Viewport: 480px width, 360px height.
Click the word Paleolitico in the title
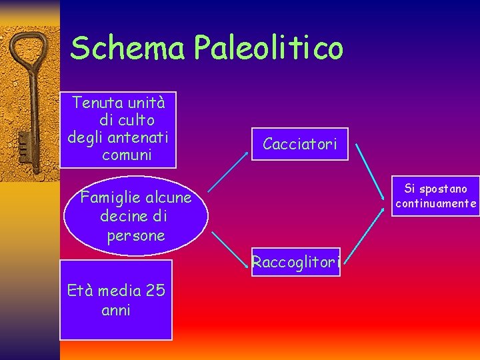pyautogui.click(x=269, y=48)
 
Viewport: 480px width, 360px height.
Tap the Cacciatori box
pyautogui.click(x=299, y=143)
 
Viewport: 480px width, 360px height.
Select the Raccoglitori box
pyautogui.click(x=295, y=262)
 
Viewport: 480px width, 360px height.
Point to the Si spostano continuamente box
pyautogui.click(x=435, y=196)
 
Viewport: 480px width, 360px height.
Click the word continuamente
pyautogui.click(x=436, y=204)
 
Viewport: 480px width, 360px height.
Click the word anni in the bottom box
pyautogui.click(x=115, y=310)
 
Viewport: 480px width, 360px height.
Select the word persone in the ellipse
pyautogui.click(x=135, y=236)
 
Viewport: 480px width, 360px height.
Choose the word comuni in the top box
pyautogui.click(x=127, y=155)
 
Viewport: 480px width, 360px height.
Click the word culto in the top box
pyautogui.click(x=135, y=120)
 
